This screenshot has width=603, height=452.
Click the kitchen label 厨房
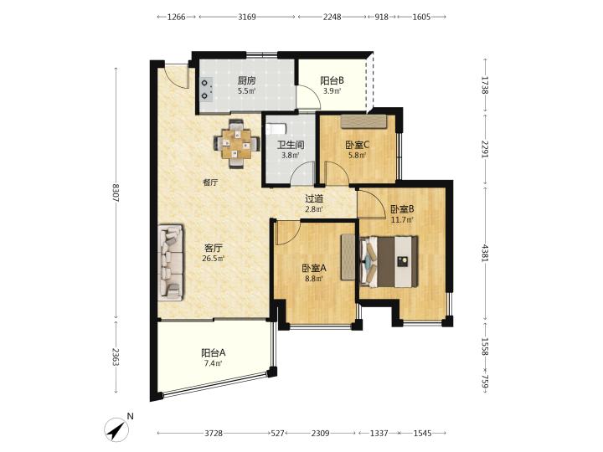[x=246, y=80]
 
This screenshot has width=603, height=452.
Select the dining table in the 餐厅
[x=236, y=144]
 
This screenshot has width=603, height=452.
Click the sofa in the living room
[x=171, y=263]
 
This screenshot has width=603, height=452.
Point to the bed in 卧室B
[x=389, y=261]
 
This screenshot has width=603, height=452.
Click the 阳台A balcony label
[x=213, y=352]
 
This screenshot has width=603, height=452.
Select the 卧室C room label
[x=358, y=145]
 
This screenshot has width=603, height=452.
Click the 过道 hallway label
[x=314, y=198]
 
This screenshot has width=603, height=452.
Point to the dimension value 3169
[x=247, y=17]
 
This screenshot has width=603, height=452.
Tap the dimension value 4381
[x=485, y=253]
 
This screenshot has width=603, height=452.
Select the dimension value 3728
[x=214, y=434]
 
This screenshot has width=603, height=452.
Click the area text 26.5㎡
[x=213, y=259]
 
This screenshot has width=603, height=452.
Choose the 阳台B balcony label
[x=332, y=80]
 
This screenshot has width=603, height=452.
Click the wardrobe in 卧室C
[x=363, y=121]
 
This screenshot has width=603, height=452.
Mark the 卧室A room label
[x=314, y=269]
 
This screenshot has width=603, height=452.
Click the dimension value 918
[x=382, y=17]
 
